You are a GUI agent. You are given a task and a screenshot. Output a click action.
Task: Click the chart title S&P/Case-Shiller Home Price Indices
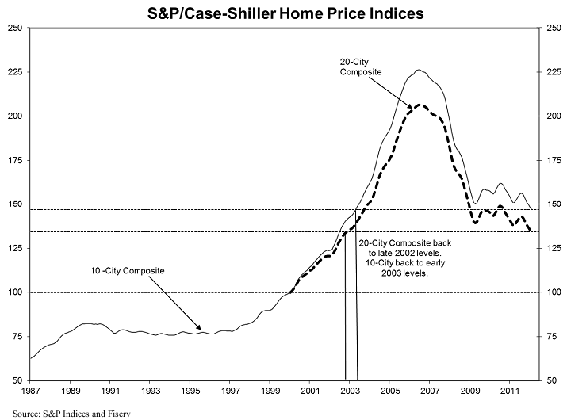tap(283, 13)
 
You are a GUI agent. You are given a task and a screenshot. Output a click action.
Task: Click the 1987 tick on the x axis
tap(30, 391)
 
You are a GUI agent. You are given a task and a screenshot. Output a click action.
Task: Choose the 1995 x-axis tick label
tap(190, 391)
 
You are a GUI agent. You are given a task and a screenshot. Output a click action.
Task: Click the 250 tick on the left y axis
tap(14, 28)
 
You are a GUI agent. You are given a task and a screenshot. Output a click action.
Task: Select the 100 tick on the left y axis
tap(14, 292)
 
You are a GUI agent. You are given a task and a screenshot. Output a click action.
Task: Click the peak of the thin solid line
tap(419, 70)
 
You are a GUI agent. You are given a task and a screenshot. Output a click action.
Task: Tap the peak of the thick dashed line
tap(420, 105)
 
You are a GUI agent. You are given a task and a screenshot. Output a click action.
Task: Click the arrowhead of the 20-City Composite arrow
tap(412, 108)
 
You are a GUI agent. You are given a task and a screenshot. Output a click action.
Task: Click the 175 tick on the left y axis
tap(14, 160)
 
